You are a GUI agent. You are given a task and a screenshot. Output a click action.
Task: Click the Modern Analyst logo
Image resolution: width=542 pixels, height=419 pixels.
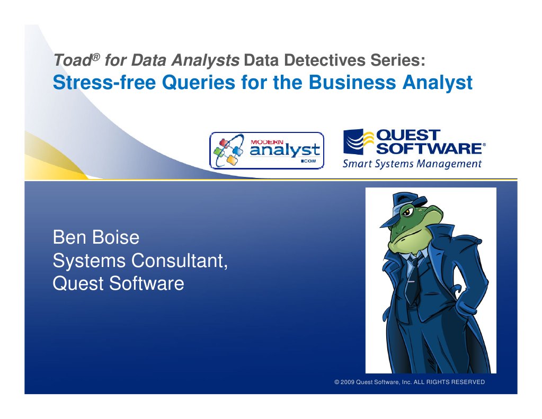[266, 151]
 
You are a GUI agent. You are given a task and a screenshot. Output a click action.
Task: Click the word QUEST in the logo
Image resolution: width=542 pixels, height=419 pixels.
[407, 135]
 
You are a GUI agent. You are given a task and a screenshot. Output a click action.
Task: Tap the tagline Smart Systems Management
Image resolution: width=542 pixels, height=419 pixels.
[412, 164]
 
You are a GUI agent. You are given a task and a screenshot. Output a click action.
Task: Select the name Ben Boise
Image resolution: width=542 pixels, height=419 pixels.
[96, 237]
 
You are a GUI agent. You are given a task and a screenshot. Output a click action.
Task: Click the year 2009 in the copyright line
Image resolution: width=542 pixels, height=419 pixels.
[347, 382]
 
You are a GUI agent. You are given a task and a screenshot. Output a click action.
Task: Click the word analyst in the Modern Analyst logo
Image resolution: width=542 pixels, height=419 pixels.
[285, 150]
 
